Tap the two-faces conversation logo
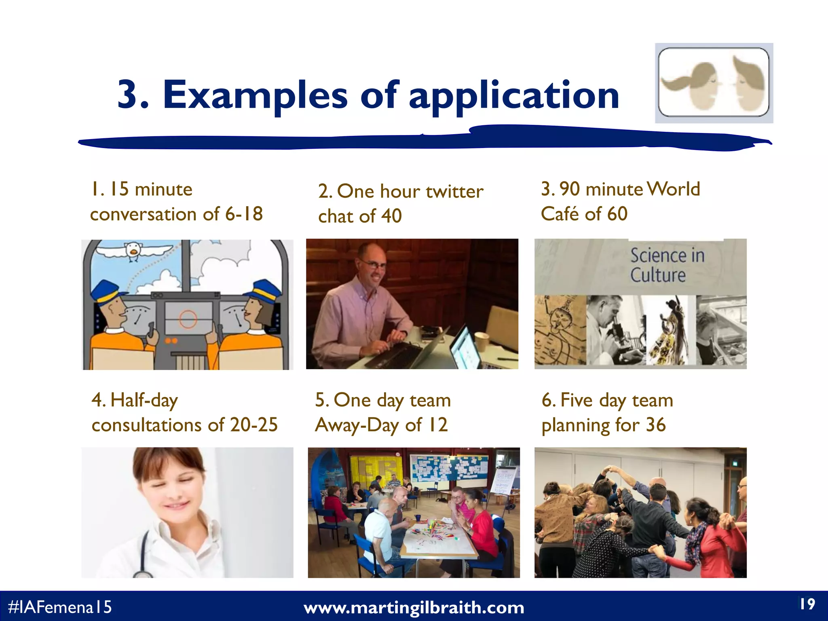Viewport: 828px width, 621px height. tap(714, 83)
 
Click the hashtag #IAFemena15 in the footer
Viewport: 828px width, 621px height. tap(60, 607)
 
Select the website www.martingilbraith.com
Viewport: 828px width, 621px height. tap(414, 608)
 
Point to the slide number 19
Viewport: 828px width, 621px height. tap(807, 604)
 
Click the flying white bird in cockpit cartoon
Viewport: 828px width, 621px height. tap(133, 250)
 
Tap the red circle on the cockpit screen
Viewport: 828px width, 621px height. tap(188, 319)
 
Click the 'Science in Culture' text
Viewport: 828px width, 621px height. tap(667, 265)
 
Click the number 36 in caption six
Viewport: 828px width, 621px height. tap(655, 425)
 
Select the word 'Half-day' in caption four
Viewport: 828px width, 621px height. tap(144, 400)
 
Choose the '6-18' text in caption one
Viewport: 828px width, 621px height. tap(244, 213)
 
